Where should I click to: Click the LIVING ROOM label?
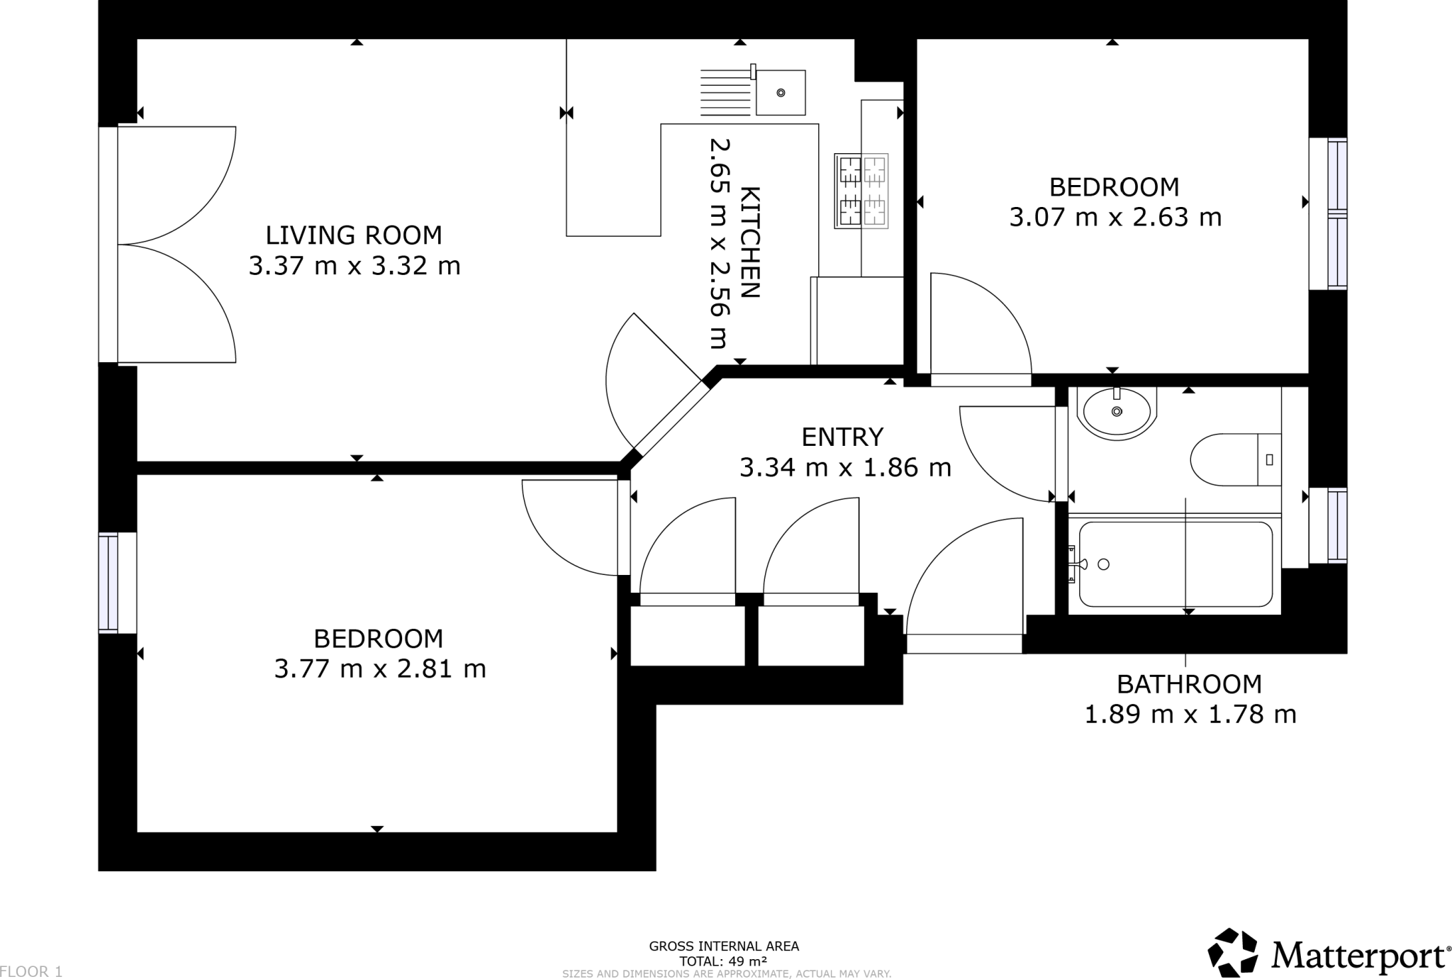pyautogui.click(x=354, y=235)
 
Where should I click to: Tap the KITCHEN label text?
pyautogui.click(x=749, y=242)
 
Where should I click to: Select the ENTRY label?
pyautogui.click(x=842, y=437)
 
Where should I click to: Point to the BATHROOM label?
pyautogui.click(x=1190, y=684)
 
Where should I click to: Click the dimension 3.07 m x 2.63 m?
pyautogui.click(x=1115, y=217)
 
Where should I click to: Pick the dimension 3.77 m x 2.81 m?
pyautogui.click(x=380, y=668)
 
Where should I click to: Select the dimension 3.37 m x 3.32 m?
pyautogui.click(x=354, y=266)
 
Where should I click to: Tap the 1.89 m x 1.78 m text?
pyautogui.click(x=1190, y=715)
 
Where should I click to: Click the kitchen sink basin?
pyautogui.click(x=781, y=92)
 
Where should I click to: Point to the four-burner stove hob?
pyautogui.click(x=861, y=191)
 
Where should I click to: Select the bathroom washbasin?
pyautogui.click(x=1117, y=412)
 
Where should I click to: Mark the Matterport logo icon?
pyautogui.click(x=1233, y=952)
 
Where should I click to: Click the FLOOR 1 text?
pyautogui.click(x=32, y=972)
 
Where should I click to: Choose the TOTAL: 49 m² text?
pyautogui.click(x=723, y=961)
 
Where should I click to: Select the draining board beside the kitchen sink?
pyautogui.click(x=726, y=92)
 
